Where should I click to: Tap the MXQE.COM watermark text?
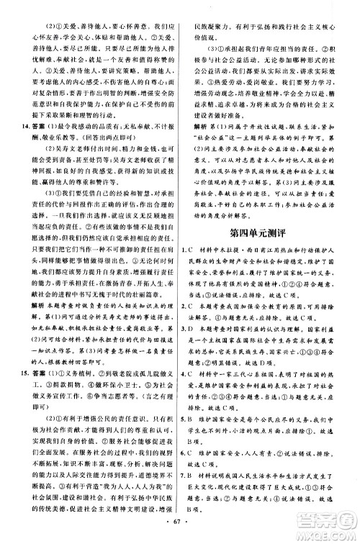pyautogui.click(x=327, y=532)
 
